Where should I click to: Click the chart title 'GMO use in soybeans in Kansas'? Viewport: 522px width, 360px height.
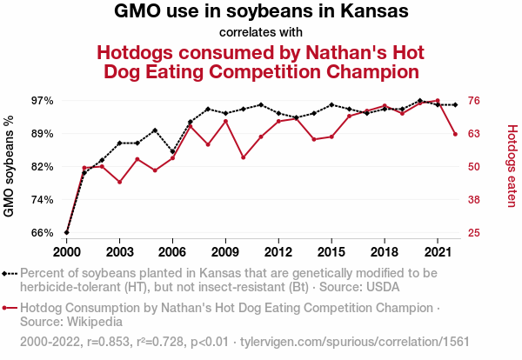261,12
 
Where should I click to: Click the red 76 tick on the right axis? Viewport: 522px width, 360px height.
476,101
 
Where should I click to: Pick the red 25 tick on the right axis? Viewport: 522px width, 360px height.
476,233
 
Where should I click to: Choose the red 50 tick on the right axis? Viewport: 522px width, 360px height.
476,167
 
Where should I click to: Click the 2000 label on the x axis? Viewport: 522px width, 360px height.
67,251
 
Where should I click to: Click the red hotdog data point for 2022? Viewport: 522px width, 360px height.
455,134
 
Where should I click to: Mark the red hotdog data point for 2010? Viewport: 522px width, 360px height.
243,157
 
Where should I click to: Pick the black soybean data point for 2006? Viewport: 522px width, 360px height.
172,151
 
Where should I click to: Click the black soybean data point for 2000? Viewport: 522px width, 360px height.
67,233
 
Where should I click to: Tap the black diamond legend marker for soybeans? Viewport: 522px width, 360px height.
9,273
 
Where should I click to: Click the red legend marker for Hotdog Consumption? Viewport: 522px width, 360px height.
9,308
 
